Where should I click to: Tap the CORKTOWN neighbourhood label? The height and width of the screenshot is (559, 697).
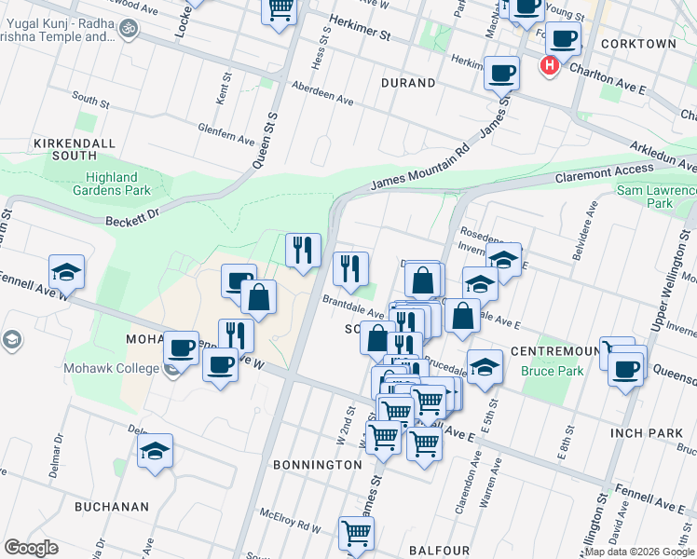click(638, 44)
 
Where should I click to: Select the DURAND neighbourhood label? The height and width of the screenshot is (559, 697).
click(408, 83)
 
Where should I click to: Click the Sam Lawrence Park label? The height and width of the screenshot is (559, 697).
click(658, 197)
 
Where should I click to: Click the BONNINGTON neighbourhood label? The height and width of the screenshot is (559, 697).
click(317, 464)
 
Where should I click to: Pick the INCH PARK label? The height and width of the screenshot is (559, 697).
click(647, 434)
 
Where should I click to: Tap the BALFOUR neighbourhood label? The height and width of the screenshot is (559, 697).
click(439, 551)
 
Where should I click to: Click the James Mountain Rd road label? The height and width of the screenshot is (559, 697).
click(419, 171)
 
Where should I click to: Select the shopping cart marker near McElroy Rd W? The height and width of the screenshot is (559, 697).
click(355, 533)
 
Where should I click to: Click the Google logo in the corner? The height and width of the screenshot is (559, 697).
click(31, 548)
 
